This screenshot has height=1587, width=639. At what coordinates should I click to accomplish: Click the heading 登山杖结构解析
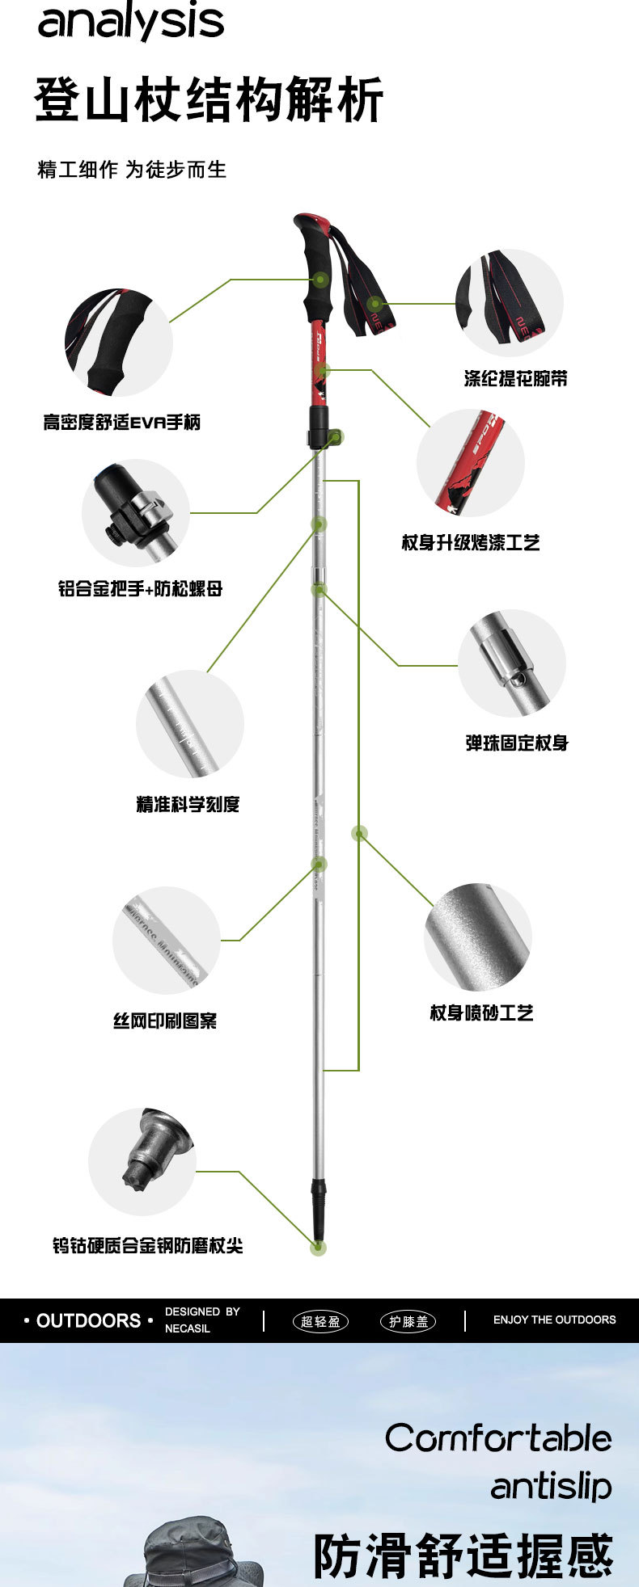pos(209,100)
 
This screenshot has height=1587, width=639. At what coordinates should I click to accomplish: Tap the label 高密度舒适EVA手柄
pos(122,422)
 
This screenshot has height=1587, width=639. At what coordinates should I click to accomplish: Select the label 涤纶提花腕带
pos(515,378)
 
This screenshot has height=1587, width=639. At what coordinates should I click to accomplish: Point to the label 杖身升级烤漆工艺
pos(471,542)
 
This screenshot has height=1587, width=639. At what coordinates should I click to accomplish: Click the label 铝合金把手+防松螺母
pos(140,588)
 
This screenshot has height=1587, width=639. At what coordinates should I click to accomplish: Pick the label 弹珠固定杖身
pos(517,743)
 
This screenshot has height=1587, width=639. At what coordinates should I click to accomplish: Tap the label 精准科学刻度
pos(188,804)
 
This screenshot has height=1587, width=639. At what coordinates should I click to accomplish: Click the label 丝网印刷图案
pos(165,1021)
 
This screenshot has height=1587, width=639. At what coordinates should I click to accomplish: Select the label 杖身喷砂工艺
pos(481,1012)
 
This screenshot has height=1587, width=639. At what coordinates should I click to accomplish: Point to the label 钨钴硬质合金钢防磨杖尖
pos(148,1245)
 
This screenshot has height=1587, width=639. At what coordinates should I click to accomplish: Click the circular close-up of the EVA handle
pos(119,343)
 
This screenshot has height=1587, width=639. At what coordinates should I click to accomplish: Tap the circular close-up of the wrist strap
pos(510,302)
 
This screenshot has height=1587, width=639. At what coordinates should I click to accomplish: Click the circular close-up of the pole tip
pos(142,1161)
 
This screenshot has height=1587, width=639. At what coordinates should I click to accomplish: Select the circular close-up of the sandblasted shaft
pos(477,937)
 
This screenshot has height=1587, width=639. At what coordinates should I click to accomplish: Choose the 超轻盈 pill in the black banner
pos(320,1322)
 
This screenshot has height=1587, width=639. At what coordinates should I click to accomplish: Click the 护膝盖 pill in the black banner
pos(408,1322)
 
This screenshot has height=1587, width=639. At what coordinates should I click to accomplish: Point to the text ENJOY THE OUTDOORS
pos(554,1320)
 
